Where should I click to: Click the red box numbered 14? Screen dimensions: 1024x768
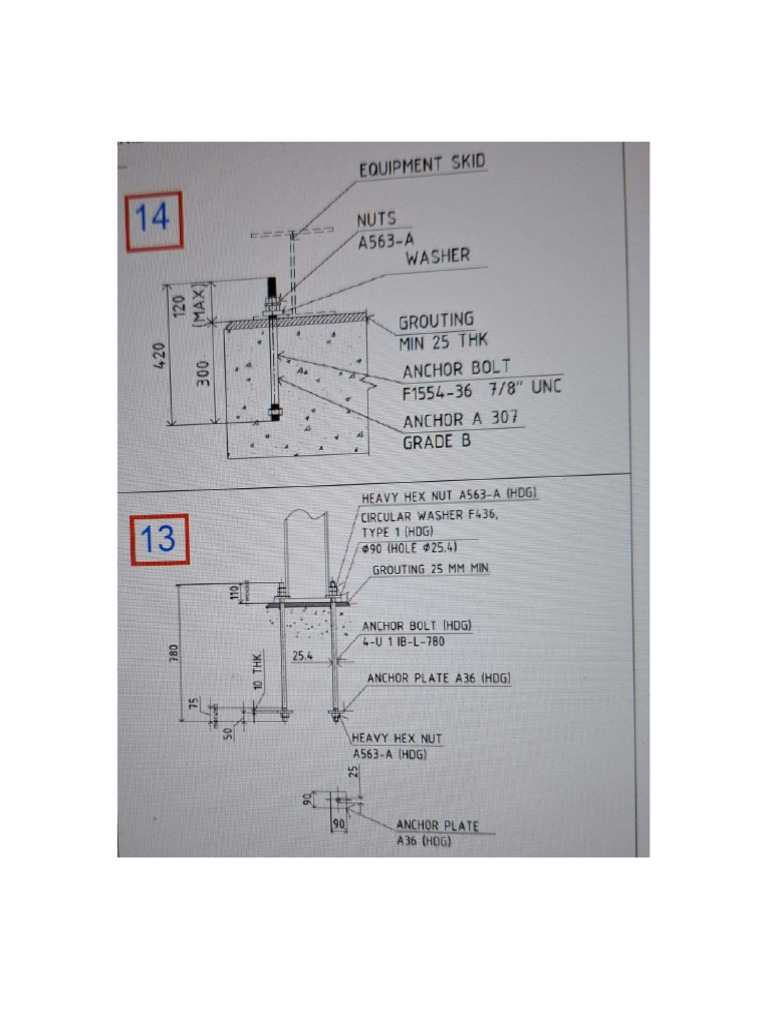(x=153, y=220)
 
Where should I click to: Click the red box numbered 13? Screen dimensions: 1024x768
(x=158, y=540)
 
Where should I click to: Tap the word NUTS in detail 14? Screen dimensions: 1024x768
(x=376, y=219)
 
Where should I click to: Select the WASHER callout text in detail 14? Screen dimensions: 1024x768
(x=437, y=257)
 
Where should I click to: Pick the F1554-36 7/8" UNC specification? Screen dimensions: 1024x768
(x=482, y=389)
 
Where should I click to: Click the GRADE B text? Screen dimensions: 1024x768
(x=436, y=440)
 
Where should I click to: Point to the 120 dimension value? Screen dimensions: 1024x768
(x=181, y=303)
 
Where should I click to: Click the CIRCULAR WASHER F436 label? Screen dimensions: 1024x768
(x=428, y=517)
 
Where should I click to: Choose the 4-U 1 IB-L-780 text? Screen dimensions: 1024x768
(x=403, y=641)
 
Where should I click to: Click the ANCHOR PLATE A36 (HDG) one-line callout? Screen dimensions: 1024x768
(x=439, y=679)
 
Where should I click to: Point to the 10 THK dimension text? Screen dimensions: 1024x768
(x=257, y=672)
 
